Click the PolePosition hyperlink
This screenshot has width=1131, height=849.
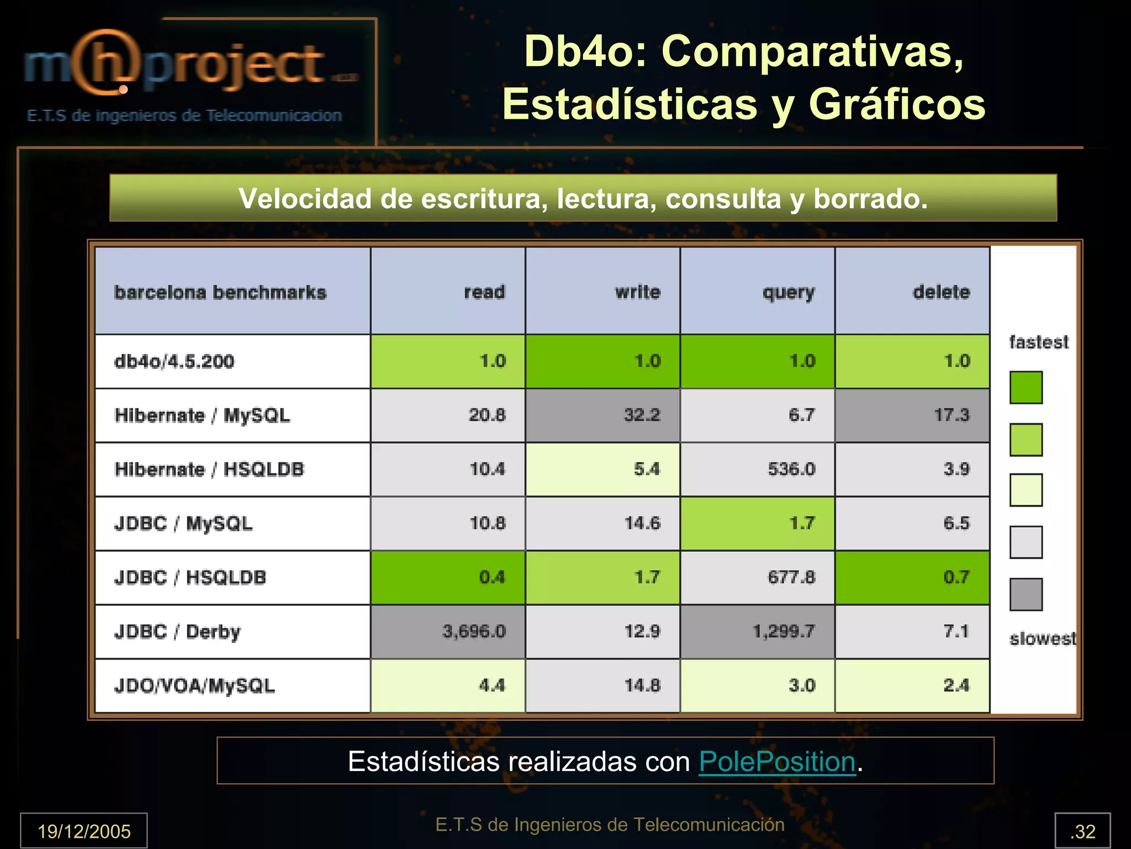click(777, 761)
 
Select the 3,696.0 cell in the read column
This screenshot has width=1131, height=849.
click(474, 631)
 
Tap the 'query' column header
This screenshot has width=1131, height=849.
click(788, 292)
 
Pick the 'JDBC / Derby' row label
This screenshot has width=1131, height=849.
click(177, 631)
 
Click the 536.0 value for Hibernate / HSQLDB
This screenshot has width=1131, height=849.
click(791, 469)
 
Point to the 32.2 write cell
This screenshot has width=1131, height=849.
click(642, 415)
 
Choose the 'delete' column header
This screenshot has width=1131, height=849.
click(941, 292)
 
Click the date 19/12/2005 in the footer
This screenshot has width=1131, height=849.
click(84, 831)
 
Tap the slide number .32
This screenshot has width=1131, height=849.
click(1082, 831)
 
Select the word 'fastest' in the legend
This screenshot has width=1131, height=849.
click(1039, 342)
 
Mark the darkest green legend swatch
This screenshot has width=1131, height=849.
click(1026, 387)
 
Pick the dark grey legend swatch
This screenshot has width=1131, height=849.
click(1026, 594)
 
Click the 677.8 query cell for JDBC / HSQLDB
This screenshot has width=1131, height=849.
click(791, 577)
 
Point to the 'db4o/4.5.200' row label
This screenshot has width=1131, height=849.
click(174, 361)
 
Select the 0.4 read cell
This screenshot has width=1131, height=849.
click(491, 577)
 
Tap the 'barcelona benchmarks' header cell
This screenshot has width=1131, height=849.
click(220, 292)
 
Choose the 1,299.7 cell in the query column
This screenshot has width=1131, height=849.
click(784, 631)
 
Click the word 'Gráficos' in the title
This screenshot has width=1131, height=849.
click(897, 104)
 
